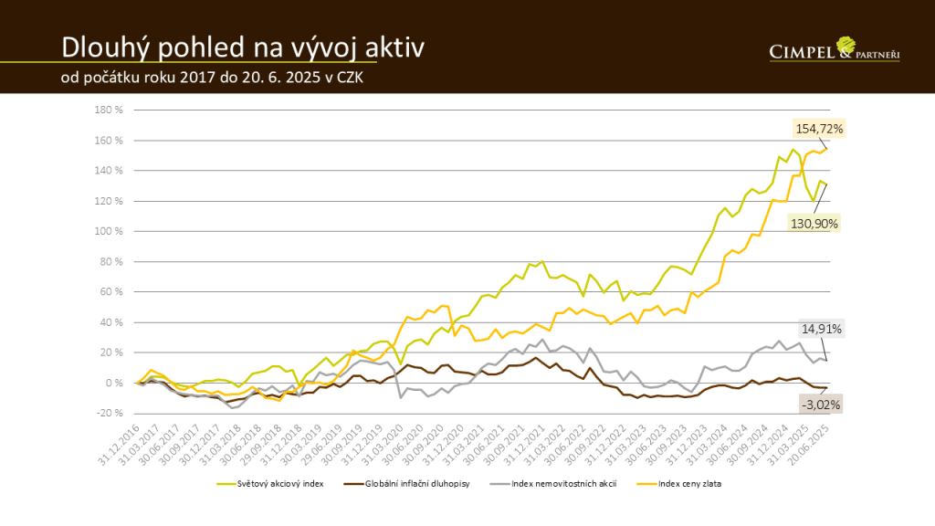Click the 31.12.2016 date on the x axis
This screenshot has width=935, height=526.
point(118,442)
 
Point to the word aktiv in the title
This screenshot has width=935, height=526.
point(394,47)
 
